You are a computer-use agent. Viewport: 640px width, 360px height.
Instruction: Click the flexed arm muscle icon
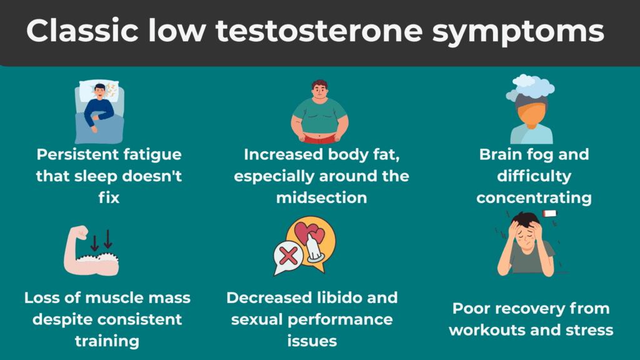coord(91,256)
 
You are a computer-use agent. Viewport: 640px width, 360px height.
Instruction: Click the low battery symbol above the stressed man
coord(549,214)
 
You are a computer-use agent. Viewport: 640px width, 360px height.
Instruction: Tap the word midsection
coord(321,197)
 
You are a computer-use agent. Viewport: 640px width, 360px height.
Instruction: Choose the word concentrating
coord(534,197)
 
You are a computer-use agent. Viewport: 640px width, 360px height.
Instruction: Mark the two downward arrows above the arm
coord(100,238)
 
